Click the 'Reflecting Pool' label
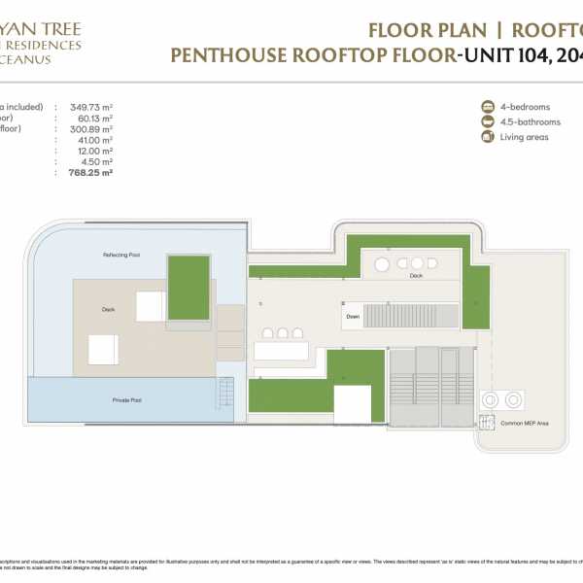click(x=121, y=255)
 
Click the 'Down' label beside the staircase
click(x=352, y=316)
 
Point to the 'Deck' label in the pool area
click(x=108, y=311)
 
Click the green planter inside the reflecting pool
click(x=189, y=287)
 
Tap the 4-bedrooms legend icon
click(x=487, y=106)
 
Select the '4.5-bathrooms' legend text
click(x=533, y=121)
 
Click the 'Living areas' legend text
click(x=526, y=137)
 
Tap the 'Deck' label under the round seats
click(x=416, y=275)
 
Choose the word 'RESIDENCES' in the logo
click(x=43, y=45)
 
